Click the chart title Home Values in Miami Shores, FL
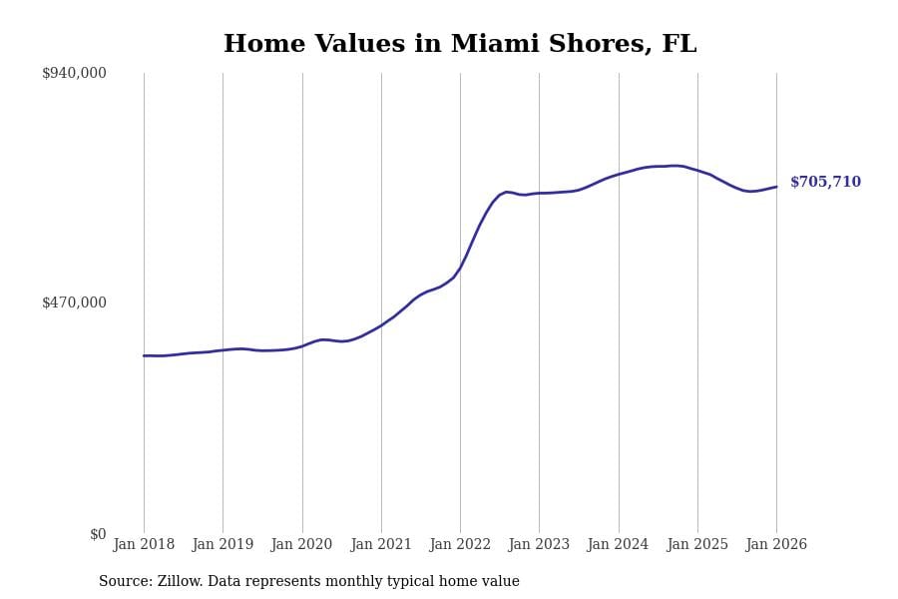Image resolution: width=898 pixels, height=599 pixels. (460, 45)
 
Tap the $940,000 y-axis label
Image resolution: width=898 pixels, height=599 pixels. (74, 73)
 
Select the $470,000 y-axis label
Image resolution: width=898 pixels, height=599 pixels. (74, 302)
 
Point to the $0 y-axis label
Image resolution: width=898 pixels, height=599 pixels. (98, 534)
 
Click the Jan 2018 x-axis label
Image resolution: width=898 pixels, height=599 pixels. (144, 544)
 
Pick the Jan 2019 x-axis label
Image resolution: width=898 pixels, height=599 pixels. (223, 544)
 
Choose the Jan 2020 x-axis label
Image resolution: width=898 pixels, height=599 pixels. (301, 544)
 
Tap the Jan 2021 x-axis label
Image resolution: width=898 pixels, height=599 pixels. (381, 544)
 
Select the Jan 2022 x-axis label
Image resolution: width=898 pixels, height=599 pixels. (460, 544)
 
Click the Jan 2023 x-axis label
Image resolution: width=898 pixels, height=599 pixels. (539, 544)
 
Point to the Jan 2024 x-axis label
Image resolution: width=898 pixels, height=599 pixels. (618, 544)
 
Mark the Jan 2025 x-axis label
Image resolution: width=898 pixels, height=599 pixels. (697, 544)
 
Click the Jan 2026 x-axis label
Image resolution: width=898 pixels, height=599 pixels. (776, 544)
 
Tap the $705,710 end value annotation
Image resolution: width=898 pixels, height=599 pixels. (825, 183)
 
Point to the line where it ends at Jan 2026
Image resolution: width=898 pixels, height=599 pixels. (776, 187)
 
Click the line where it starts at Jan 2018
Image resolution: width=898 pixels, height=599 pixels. (144, 355)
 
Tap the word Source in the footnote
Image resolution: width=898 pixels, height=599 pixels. (124, 582)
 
